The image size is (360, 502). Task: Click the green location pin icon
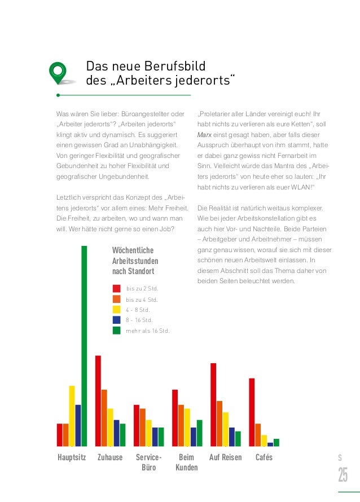pyautogui.click(x=58, y=71)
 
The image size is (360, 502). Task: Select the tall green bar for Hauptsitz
pyautogui.click(x=84, y=345)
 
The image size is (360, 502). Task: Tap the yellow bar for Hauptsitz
pyautogui.click(x=72, y=416)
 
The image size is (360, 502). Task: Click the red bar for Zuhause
pyautogui.click(x=98, y=400)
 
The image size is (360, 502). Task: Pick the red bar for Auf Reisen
pyautogui.click(x=213, y=404)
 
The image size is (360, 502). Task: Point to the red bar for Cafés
pyautogui.click(x=252, y=412)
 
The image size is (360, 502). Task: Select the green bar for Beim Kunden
pyautogui.click(x=200, y=433)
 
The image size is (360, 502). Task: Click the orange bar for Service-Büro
pyautogui.click(x=143, y=427)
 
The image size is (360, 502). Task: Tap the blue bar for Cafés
pyautogui.click(x=270, y=444)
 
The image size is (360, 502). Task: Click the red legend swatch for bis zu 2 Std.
pyautogui.click(x=117, y=289)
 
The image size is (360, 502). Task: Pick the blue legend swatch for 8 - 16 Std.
pyautogui.click(x=117, y=320)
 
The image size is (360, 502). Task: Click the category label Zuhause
pyautogui.click(x=110, y=457)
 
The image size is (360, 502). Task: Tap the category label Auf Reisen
pyautogui.click(x=225, y=457)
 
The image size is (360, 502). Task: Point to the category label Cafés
pyautogui.click(x=264, y=457)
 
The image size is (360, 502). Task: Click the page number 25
pyautogui.click(x=343, y=476)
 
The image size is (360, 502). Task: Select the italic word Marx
pyautogui.click(x=204, y=135)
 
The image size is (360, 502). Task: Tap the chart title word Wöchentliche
pyautogui.click(x=133, y=250)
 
